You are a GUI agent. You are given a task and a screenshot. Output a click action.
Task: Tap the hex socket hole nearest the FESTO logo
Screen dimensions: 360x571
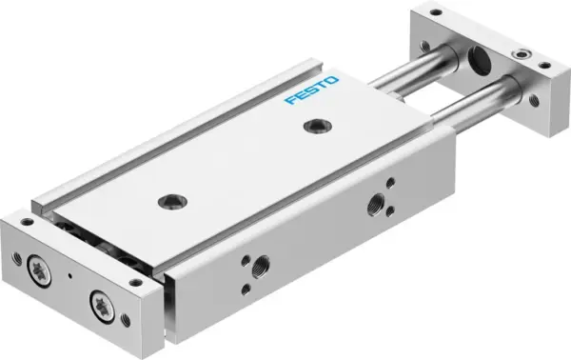coord(312,126)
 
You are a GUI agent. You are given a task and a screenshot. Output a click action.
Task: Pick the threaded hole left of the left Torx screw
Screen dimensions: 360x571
coord(17,255)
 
